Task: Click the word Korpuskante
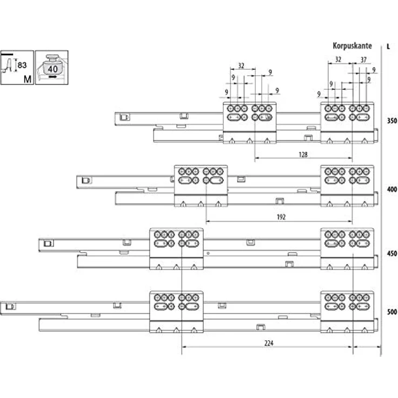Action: tap(353, 46)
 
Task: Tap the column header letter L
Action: tap(388, 47)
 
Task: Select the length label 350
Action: tap(392, 121)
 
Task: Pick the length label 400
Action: tap(392, 189)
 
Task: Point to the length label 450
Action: tap(392, 253)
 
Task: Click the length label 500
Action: tap(392, 311)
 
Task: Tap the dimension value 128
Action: tap(303, 154)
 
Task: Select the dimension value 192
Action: tap(281, 217)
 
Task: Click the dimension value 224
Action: tap(269, 343)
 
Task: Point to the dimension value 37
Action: tap(363, 59)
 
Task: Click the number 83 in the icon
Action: tap(22, 65)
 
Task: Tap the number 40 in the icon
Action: tap(53, 69)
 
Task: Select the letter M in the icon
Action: tap(28, 79)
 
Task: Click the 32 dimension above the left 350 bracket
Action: tap(241, 66)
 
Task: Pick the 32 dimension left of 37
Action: tap(338, 59)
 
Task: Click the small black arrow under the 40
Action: tap(53, 77)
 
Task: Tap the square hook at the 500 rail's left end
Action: tap(10, 307)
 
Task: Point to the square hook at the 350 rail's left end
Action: tap(124, 117)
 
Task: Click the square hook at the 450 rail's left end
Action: tap(48, 244)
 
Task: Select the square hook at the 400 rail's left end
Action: tap(86, 181)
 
